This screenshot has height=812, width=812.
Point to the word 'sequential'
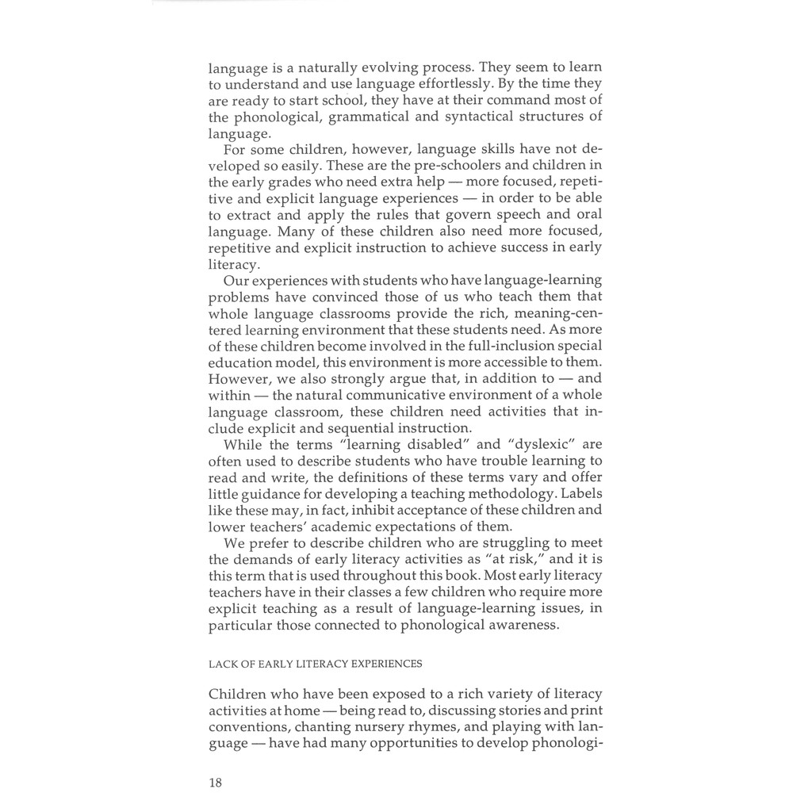(x=343, y=428)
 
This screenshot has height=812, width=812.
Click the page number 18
(x=216, y=783)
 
